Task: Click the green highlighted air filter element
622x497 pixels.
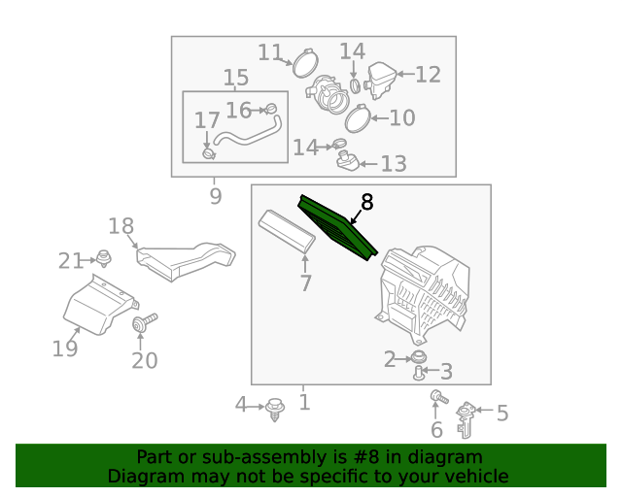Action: (337, 228)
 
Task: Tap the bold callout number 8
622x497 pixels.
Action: (367, 202)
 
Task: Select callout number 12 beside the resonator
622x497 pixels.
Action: (428, 75)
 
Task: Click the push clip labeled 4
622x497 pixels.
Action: (274, 410)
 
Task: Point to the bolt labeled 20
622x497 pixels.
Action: (145, 322)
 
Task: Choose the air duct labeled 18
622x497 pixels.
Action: (186, 261)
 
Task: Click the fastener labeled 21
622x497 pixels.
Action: (104, 258)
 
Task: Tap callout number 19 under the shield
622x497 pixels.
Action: (65, 348)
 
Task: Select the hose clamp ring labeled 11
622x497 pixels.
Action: (305, 63)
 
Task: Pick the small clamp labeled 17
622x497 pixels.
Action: (209, 153)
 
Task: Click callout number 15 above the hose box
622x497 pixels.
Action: (236, 78)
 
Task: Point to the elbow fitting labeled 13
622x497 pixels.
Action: (348, 161)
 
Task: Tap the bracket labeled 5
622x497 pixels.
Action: (466, 420)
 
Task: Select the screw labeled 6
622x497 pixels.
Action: (439, 397)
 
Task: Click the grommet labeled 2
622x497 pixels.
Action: (419, 357)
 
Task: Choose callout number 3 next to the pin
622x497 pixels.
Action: (447, 372)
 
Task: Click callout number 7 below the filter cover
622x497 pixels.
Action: (305, 283)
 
